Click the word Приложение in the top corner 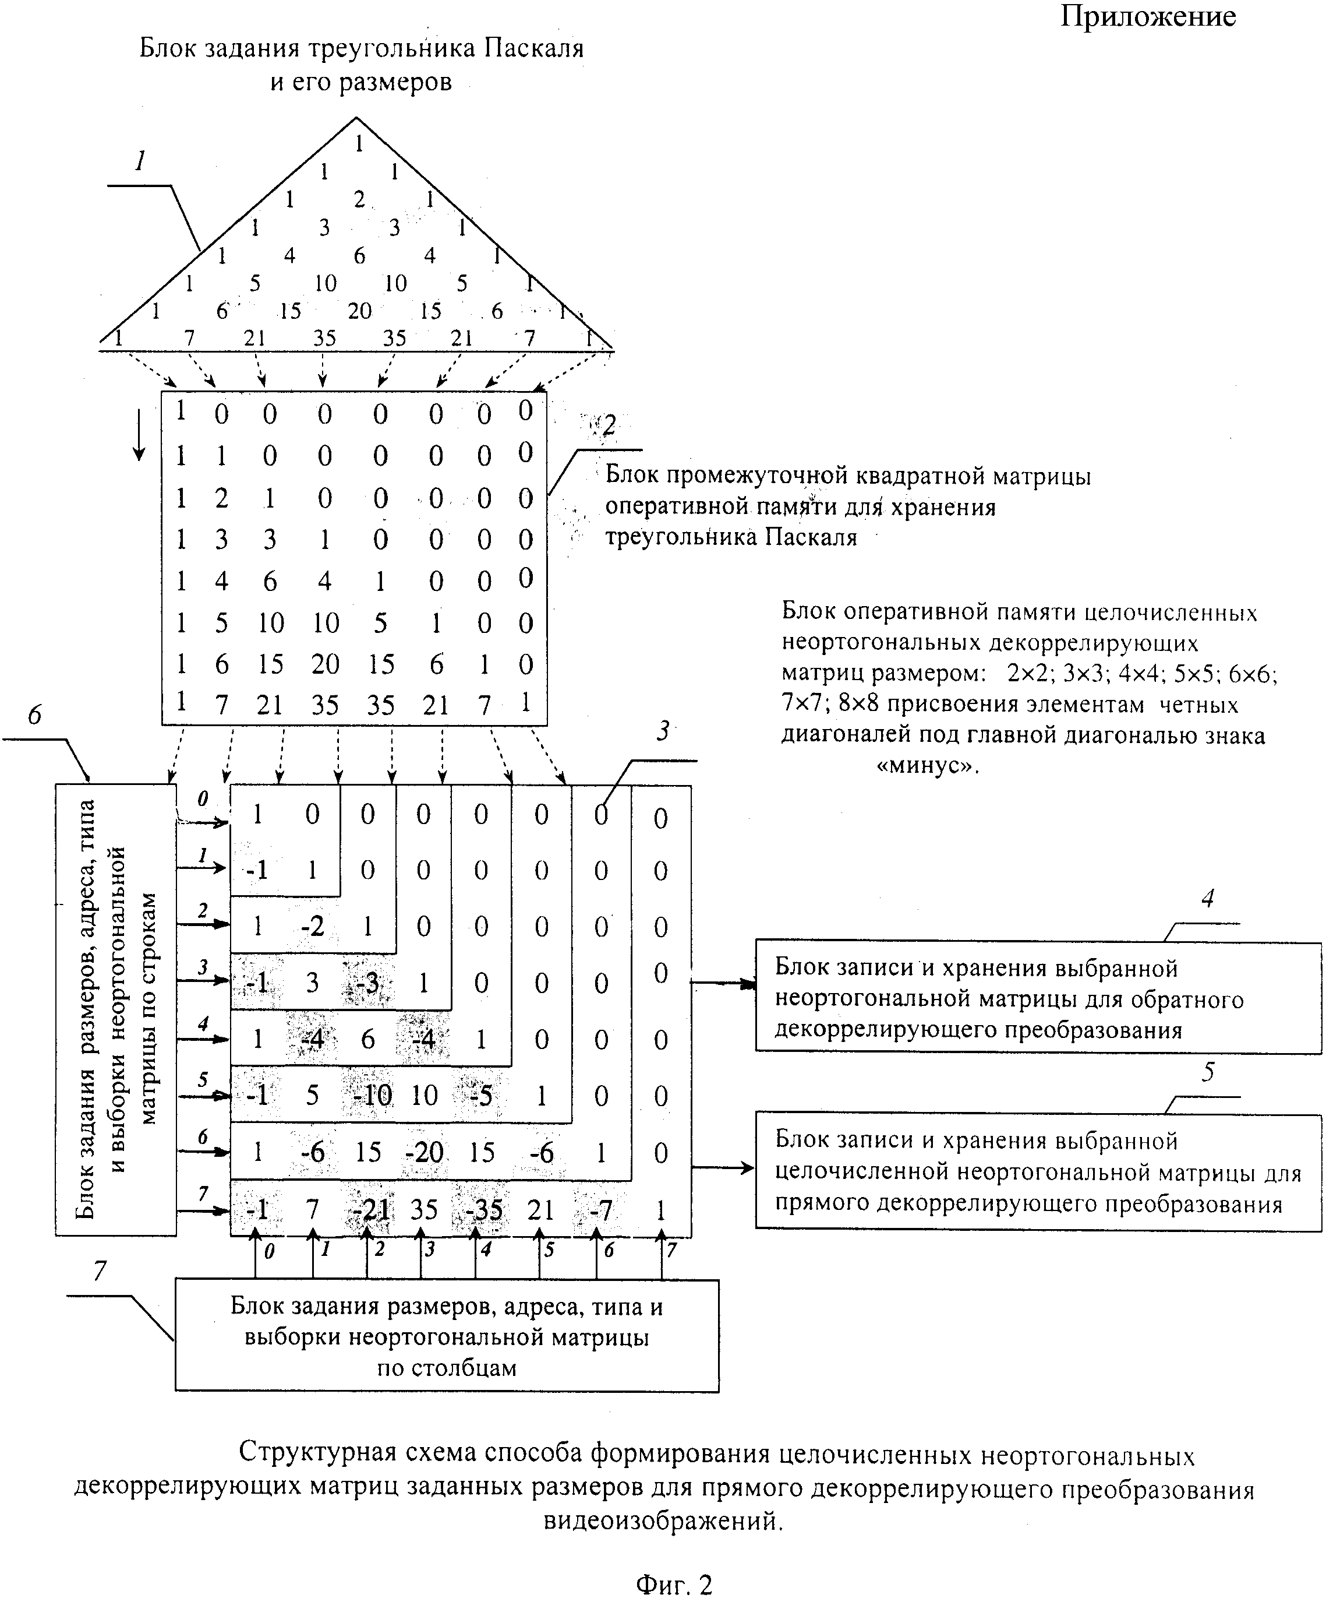pyautogui.click(x=1147, y=16)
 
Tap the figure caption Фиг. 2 pyautogui.click(x=674, y=1583)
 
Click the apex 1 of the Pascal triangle pyautogui.click(x=359, y=143)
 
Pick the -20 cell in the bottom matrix pyautogui.click(x=424, y=1153)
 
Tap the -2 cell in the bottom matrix pyautogui.click(x=312, y=926)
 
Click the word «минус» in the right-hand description pyautogui.click(x=927, y=765)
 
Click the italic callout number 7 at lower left pyautogui.click(x=100, y=1271)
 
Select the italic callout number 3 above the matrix pyautogui.click(x=663, y=731)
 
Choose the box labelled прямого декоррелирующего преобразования pyautogui.click(x=1037, y=1171)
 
